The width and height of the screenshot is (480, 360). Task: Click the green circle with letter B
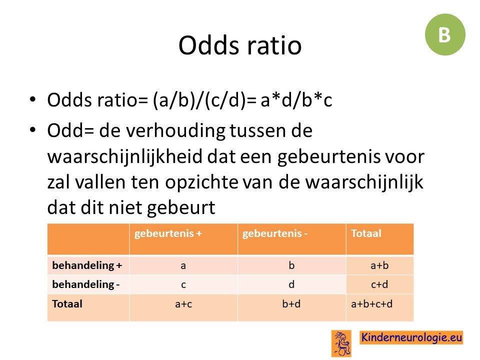coord(445,34)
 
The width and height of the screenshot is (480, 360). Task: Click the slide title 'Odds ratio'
coord(240,45)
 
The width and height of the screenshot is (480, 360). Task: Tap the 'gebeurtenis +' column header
coord(168,233)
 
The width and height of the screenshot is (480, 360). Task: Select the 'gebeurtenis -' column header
coord(274,233)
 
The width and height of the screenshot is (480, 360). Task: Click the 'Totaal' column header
coord(366,233)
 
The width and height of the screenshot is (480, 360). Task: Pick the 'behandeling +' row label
coord(87,265)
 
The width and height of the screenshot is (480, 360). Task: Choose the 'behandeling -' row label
coord(85,284)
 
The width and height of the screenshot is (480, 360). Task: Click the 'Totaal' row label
coord(67,304)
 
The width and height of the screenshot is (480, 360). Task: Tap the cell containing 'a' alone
coord(183,265)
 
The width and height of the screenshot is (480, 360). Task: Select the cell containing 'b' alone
coord(291,265)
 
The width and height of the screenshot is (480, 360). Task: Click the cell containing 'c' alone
coord(183,284)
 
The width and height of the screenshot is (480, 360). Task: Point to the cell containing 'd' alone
coord(291,284)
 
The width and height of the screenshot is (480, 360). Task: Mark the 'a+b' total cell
coord(379,265)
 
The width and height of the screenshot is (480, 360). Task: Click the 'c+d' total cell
coord(379,284)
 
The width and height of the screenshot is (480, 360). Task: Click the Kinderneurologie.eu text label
coord(411,337)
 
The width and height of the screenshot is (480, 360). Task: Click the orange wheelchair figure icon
coord(341,343)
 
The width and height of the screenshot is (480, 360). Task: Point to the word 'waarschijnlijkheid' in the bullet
coord(124,156)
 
